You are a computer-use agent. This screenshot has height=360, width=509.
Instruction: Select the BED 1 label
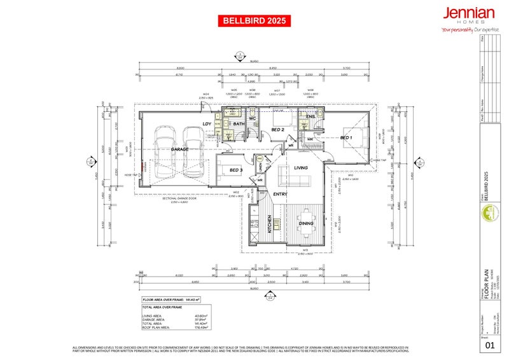345,137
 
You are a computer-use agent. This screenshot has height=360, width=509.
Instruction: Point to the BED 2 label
277,129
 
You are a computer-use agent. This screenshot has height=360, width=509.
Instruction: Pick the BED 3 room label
235,170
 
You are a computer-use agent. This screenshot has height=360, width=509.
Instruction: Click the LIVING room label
300,168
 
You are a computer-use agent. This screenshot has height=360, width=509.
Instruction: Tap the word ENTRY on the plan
280,194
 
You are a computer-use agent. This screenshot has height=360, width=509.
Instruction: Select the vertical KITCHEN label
269,223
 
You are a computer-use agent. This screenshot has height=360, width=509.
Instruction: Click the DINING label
306,223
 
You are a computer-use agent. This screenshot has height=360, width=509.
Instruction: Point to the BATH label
239,124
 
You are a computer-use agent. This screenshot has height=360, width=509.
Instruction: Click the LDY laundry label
207,124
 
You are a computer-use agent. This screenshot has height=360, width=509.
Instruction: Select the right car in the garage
193,153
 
